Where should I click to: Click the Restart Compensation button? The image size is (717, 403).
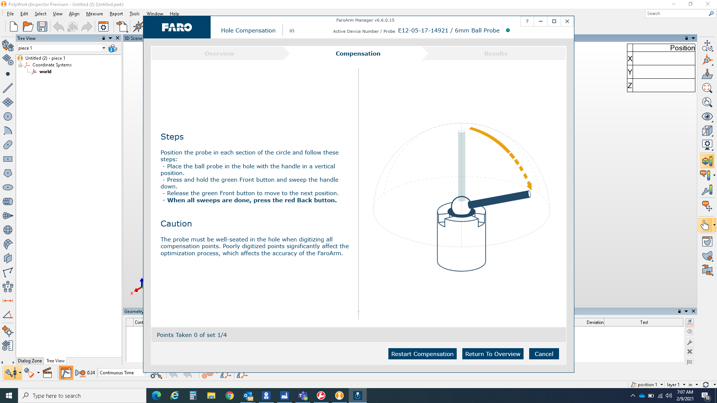pos(422,354)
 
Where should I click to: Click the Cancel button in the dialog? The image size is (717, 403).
pos(544,354)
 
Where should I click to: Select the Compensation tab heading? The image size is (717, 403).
pos(358,53)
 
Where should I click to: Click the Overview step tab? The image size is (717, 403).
pos(219,53)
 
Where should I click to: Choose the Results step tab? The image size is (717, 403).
pos(496,53)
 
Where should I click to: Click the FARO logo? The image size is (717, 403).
pos(177,27)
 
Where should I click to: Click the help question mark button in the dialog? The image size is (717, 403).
pos(527,21)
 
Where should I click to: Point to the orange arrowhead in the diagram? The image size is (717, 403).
pos(529,185)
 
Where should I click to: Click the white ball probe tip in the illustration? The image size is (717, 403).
pos(461,206)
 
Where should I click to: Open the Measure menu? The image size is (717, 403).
pos(94,14)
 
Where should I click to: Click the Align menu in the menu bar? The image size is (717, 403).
pos(74,14)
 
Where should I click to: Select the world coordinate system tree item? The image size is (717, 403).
pos(45,72)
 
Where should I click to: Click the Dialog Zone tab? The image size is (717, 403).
pos(30,361)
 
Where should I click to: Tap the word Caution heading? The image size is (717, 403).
pos(176,224)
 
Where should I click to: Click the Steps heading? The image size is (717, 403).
pos(172,137)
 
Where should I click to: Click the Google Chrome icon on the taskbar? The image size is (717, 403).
pos(229,396)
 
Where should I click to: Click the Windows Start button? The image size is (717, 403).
pos(9,396)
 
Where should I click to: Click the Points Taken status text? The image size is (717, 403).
pos(192,335)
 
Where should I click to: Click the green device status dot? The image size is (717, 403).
pos(508,31)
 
